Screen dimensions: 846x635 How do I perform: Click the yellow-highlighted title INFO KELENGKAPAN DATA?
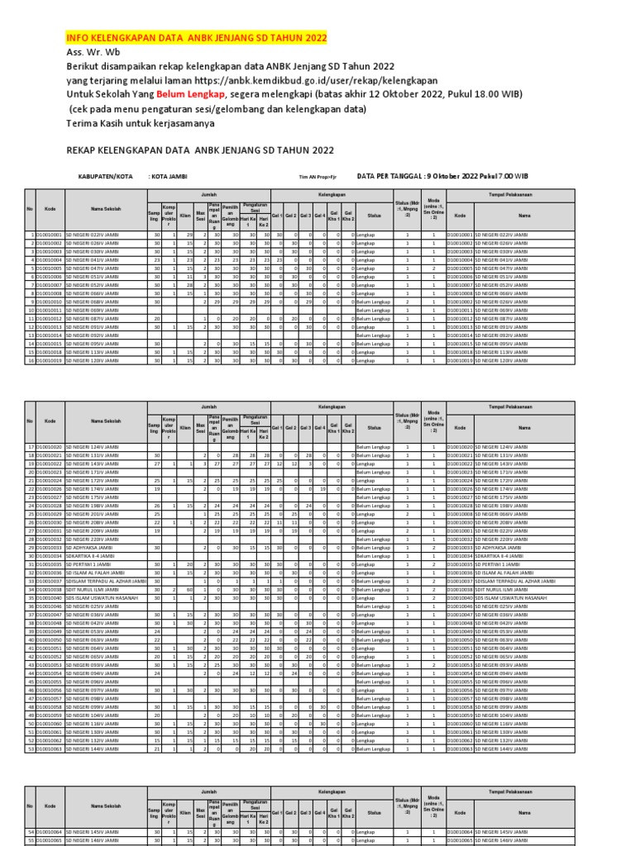(x=196, y=38)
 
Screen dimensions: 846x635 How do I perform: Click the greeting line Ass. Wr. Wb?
(x=93, y=52)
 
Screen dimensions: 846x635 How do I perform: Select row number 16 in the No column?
(x=31, y=360)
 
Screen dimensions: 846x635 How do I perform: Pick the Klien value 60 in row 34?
(x=190, y=590)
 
